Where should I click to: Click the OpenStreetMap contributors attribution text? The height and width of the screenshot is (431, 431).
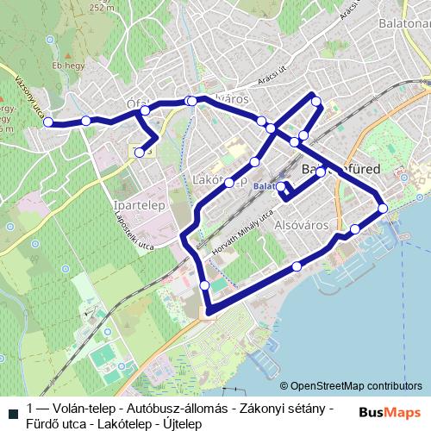click(356, 386)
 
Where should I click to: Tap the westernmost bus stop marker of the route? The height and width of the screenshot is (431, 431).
click(48, 122)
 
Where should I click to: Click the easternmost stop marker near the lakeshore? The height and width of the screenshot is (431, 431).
click(382, 208)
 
